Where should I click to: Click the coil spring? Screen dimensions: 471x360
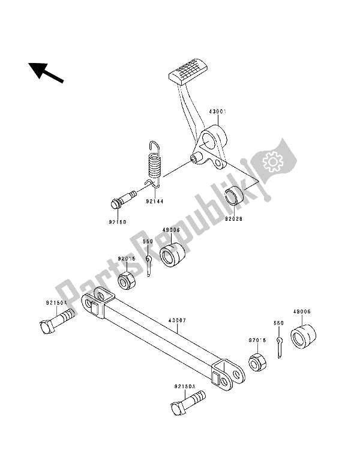click(x=155, y=164)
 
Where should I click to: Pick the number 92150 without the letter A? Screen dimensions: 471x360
click(x=118, y=222)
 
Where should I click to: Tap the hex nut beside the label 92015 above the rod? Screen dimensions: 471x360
click(x=125, y=280)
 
